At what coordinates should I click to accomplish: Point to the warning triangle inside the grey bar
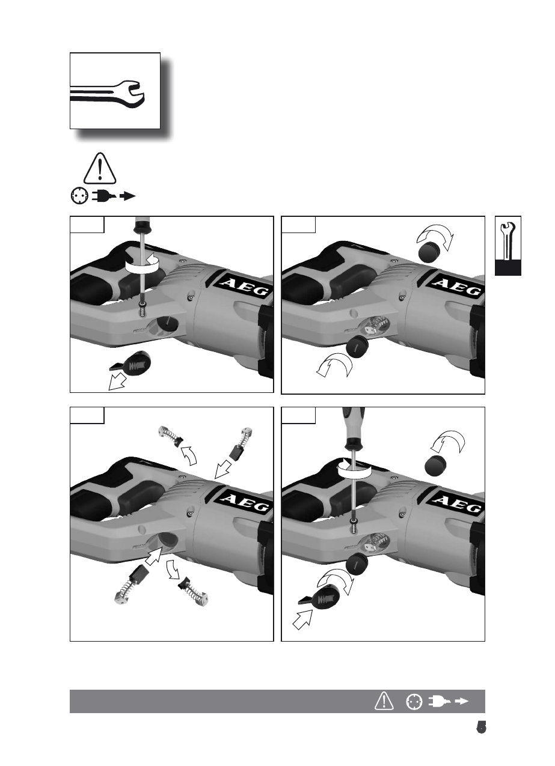click(x=383, y=701)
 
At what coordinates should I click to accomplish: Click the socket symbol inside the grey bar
click(x=413, y=701)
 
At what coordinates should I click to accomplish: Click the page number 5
click(x=480, y=728)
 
